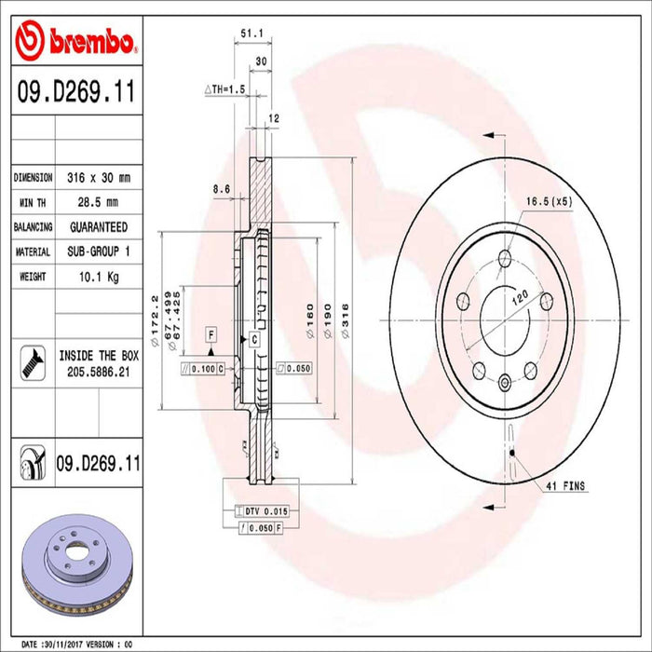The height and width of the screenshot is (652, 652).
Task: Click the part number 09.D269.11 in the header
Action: coord(75,94)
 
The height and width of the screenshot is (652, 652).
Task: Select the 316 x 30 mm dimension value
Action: coord(98,177)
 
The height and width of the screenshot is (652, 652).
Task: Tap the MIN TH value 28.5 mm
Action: coord(91,202)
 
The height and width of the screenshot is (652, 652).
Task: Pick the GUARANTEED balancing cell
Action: coord(98,226)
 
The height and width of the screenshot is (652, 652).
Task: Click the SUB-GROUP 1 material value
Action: coord(98,251)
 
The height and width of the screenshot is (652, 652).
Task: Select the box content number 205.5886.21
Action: coord(98,372)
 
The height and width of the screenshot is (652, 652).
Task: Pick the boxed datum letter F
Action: coord(211,334)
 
